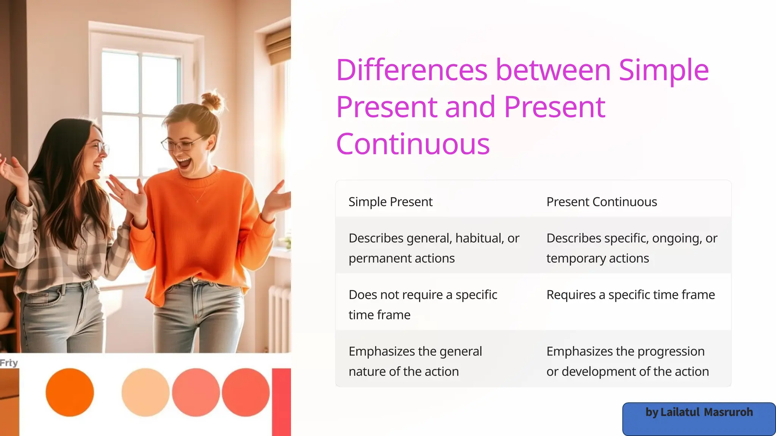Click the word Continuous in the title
(x=413, y=145)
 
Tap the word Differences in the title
(x=411, y=70)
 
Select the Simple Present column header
(x=390, y=202)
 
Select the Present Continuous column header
(x=601, y=202)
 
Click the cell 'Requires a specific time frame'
(x=630, y=295)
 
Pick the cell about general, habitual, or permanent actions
(x=433, y=248)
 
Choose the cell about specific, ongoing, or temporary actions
(x=631, y=248)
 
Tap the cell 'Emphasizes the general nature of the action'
(x=415, y=361)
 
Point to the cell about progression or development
(x=627, y=361)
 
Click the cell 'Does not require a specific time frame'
(x=422, y=304)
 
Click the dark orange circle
(x=70, y=392)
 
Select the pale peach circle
(x=145, y=392)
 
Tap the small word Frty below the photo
(x=9, y=363)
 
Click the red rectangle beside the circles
(x=281, y=401)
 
